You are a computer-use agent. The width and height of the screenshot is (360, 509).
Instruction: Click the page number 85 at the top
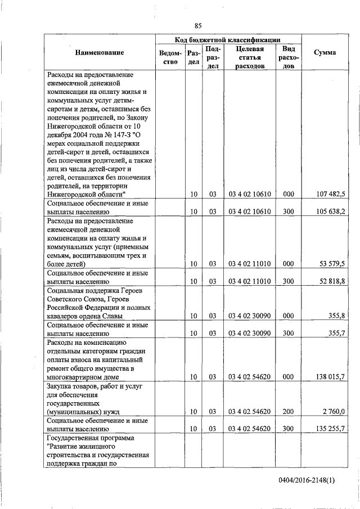198,25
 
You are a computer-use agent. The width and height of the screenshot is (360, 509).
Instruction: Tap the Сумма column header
325,52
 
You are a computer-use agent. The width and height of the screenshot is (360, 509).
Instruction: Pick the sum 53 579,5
336,263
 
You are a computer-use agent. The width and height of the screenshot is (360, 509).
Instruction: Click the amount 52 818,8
336,281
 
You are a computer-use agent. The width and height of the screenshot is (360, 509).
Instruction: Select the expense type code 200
288,411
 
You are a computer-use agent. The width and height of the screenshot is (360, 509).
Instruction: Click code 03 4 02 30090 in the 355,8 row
250,316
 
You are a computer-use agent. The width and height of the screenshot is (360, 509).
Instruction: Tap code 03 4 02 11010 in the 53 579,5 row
250,263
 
